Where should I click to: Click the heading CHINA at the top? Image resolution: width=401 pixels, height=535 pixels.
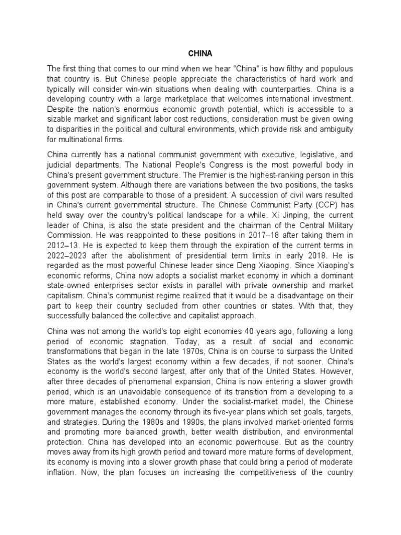tap(200, 53)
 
